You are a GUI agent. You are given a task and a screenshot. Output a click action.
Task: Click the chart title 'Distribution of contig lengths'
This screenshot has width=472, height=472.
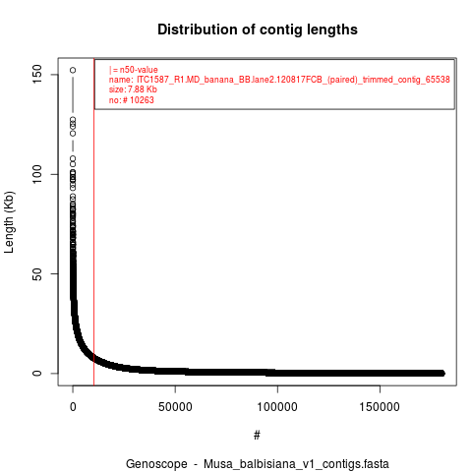click(258, 29)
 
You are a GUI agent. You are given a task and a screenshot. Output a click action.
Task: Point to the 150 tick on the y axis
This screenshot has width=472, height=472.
click(37, 74)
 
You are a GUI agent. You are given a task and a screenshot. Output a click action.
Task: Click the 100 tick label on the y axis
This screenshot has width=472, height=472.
click(37, 174)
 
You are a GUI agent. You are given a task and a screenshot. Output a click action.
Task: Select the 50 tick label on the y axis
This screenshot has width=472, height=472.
click(37, 273)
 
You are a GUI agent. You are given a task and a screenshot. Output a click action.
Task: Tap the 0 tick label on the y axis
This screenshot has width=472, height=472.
click(37, 374)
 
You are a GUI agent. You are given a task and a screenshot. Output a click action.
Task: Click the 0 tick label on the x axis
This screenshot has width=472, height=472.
click(73, 407)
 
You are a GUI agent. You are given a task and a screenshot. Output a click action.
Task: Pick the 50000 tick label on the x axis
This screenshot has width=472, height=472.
click(175, 407)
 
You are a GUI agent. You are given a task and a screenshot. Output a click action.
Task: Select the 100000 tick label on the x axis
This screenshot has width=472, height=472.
click(277, 407)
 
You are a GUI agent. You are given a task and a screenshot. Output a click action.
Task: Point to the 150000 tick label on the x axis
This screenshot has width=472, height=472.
click(380, 407)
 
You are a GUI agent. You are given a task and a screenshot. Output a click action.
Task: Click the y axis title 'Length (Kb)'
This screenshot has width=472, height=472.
click(9, 222)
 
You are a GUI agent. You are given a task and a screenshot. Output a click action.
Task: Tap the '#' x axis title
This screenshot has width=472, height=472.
click(257, 436)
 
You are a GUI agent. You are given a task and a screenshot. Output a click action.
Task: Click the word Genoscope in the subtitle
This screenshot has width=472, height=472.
click(156, 464)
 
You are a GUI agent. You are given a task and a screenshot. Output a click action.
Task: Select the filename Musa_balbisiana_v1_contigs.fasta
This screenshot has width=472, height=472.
click(296, 464)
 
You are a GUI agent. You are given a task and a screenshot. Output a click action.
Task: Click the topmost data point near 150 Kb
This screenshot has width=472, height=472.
click(73, 70)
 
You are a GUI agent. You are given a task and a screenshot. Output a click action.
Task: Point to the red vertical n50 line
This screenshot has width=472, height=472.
click(94, 222)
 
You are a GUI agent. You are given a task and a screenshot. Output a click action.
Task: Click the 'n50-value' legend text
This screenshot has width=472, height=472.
click(139, 70)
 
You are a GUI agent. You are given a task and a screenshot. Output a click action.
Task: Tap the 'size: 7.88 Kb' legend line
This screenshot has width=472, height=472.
click(133, 89)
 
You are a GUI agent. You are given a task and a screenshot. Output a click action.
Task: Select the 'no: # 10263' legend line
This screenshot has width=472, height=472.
click(131, 100)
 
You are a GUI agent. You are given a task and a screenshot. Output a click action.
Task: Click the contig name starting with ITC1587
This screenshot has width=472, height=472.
click(293, 80)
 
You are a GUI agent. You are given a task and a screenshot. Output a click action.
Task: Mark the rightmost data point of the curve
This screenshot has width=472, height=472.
click(442, 373)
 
